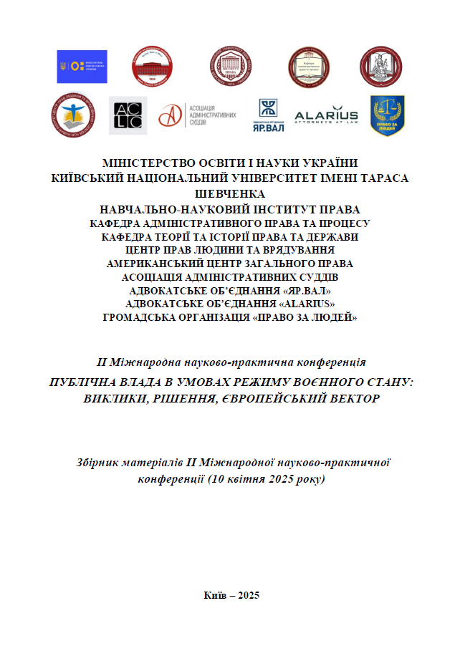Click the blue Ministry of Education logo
[x=82, y=67]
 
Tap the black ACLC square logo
[x=128, y=115]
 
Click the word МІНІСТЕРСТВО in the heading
[x=148, y=163]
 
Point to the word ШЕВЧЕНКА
[x=229, y=193]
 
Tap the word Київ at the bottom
[x=216, y=596]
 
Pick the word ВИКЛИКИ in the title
[x=112, y=397]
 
